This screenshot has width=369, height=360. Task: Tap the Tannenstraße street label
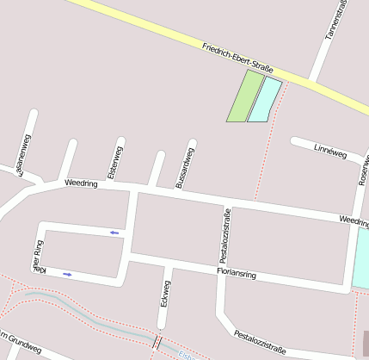coord(335,19)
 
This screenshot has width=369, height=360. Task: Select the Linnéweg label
coord(330,152)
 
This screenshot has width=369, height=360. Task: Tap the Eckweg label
coord(166,294)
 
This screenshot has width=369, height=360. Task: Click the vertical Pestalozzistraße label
coord(224,235)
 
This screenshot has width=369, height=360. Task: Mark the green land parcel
coord(245,96)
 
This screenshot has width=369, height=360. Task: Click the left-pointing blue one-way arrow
coord(114,232)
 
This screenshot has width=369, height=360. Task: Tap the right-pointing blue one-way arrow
coord(67,274)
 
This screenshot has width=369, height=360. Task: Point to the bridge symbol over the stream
coord(157,342)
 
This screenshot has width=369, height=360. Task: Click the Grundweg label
coord(21,343)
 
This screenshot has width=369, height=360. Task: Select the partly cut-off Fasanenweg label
coord(24,155)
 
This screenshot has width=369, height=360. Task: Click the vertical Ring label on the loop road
coord(38,258)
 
